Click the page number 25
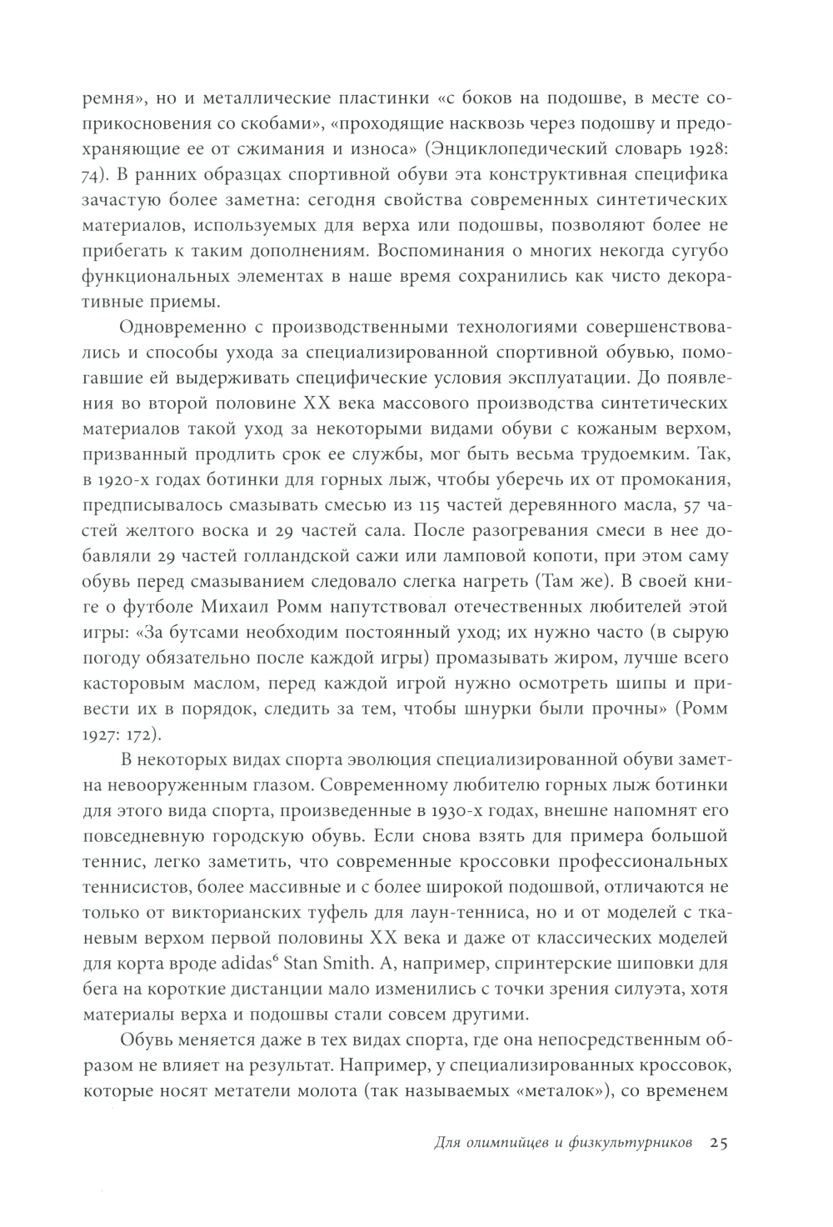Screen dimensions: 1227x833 click(x=719, y=1143)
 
